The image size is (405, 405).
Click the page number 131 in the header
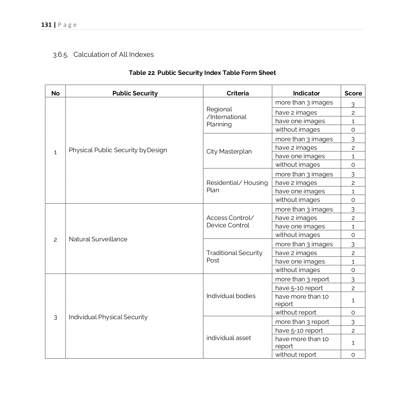46,25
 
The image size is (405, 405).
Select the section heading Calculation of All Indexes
113,55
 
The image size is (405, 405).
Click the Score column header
353,93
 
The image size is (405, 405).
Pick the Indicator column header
306,93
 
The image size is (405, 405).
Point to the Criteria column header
237,93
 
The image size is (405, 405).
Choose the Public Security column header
135,93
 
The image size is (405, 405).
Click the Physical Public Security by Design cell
118,150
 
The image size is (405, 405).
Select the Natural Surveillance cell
98,239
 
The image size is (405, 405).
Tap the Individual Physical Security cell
108,317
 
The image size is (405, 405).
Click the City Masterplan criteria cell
229,151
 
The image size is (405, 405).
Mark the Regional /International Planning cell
226,117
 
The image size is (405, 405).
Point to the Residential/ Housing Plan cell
237,186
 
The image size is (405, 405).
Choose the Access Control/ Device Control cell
230,221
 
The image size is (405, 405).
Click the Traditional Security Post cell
234,256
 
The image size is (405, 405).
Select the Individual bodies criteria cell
231,296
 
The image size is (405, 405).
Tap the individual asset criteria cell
228,338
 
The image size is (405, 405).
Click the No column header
55,93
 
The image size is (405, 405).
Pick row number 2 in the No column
55,240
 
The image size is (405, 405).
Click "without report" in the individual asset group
296,355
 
